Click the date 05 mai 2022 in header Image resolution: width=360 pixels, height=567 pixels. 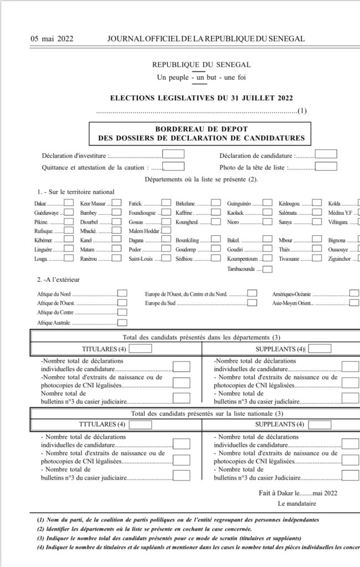pyautogui.click(x=52, y=39)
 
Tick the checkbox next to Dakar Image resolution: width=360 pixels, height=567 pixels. pyautogui.click(x=69, y=203)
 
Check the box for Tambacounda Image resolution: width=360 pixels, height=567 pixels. pyautogui.click(x=268, y=269)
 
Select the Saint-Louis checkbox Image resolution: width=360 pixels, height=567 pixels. pyautogui.click(x=166, y=259)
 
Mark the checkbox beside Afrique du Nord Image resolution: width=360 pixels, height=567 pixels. pyautogui.click(x=122, y=293)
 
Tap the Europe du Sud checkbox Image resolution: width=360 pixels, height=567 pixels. pyautogui.click(x=252, y=303)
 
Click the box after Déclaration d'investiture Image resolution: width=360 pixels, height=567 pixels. pyautogui.click(x=173, y=154)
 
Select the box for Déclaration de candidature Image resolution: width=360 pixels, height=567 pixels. pyautogui.click(x=326, y=154)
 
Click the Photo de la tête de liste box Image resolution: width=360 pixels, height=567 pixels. pyautogui.click(x=326, y=166)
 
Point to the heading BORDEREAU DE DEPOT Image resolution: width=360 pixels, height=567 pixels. pyautogui.click(x=200, y=128)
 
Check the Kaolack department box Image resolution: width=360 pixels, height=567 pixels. pyautogui.click(x=268, y=212)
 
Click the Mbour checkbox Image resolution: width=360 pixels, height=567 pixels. pyautogui.click(x=317, y=240)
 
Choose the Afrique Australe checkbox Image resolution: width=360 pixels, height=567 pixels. pyautogui.click(x=122, y=322)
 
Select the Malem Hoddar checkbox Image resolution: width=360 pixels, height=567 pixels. pyautogui.click(x=166, y=230)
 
